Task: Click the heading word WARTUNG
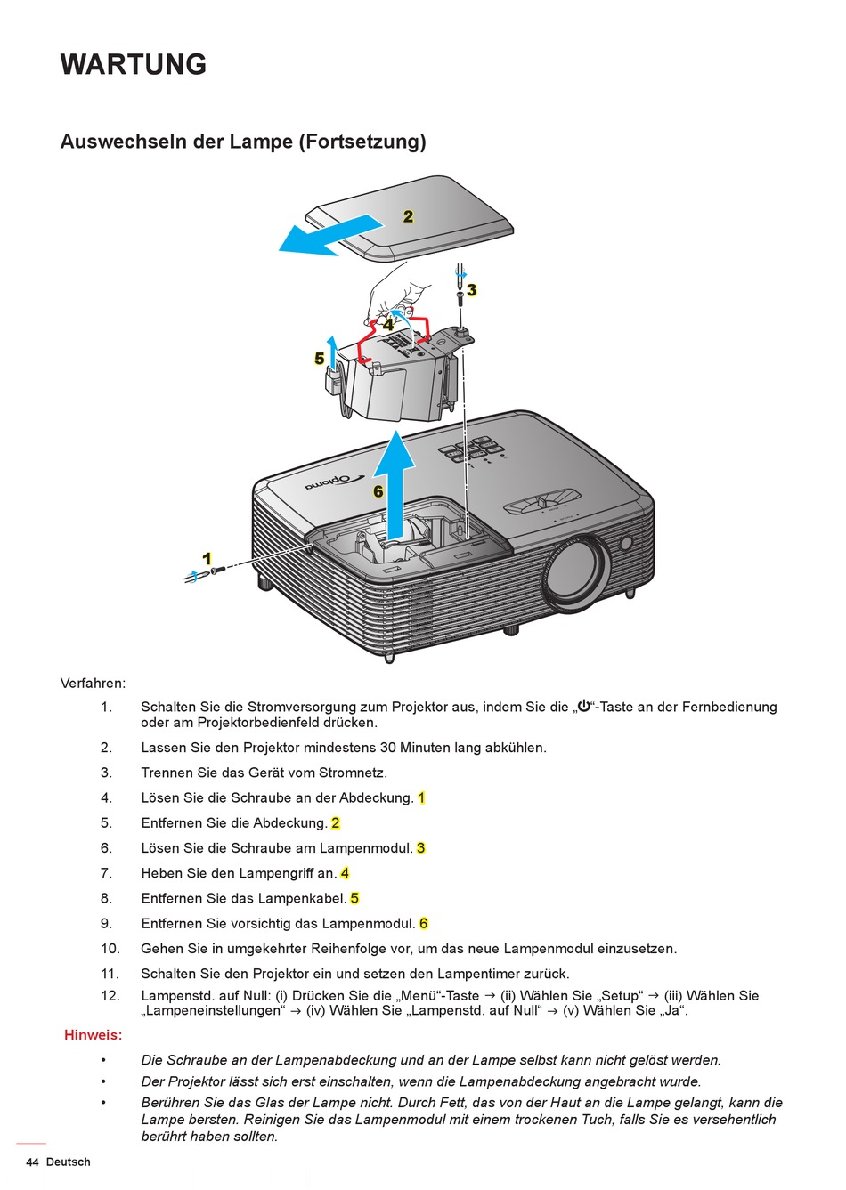pyautogui.click(x=134, y=64)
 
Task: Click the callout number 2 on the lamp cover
pyautogui.click(x=408, y=216)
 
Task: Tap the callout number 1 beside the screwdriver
pyautogui.click(x=207, y=559)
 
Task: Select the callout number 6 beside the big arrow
pyautogui.click(x=378, y=491)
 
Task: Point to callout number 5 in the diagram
pyautogui.click(x=319, y=359)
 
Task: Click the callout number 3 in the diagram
pyautogui.click(x=472, y=290)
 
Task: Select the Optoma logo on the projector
pyautogui.click(x=328, y=483)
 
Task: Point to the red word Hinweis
pyautogui.click(x=93, y=1035)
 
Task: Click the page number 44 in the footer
pyautogui.click(x=33, y=1162)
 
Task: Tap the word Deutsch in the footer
pyautogui.click(x=69, y=1162)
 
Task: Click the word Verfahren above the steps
pyautogui.click(x=93, y=684)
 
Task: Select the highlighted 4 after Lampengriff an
pyautogui.click(x=345, y=873)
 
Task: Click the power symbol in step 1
pyautogui.click(x=584, y=707)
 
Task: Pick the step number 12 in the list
pyautogui.click(x=110, y=995)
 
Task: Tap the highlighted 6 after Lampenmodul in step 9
pyautogui.click(x=424, y=923)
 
